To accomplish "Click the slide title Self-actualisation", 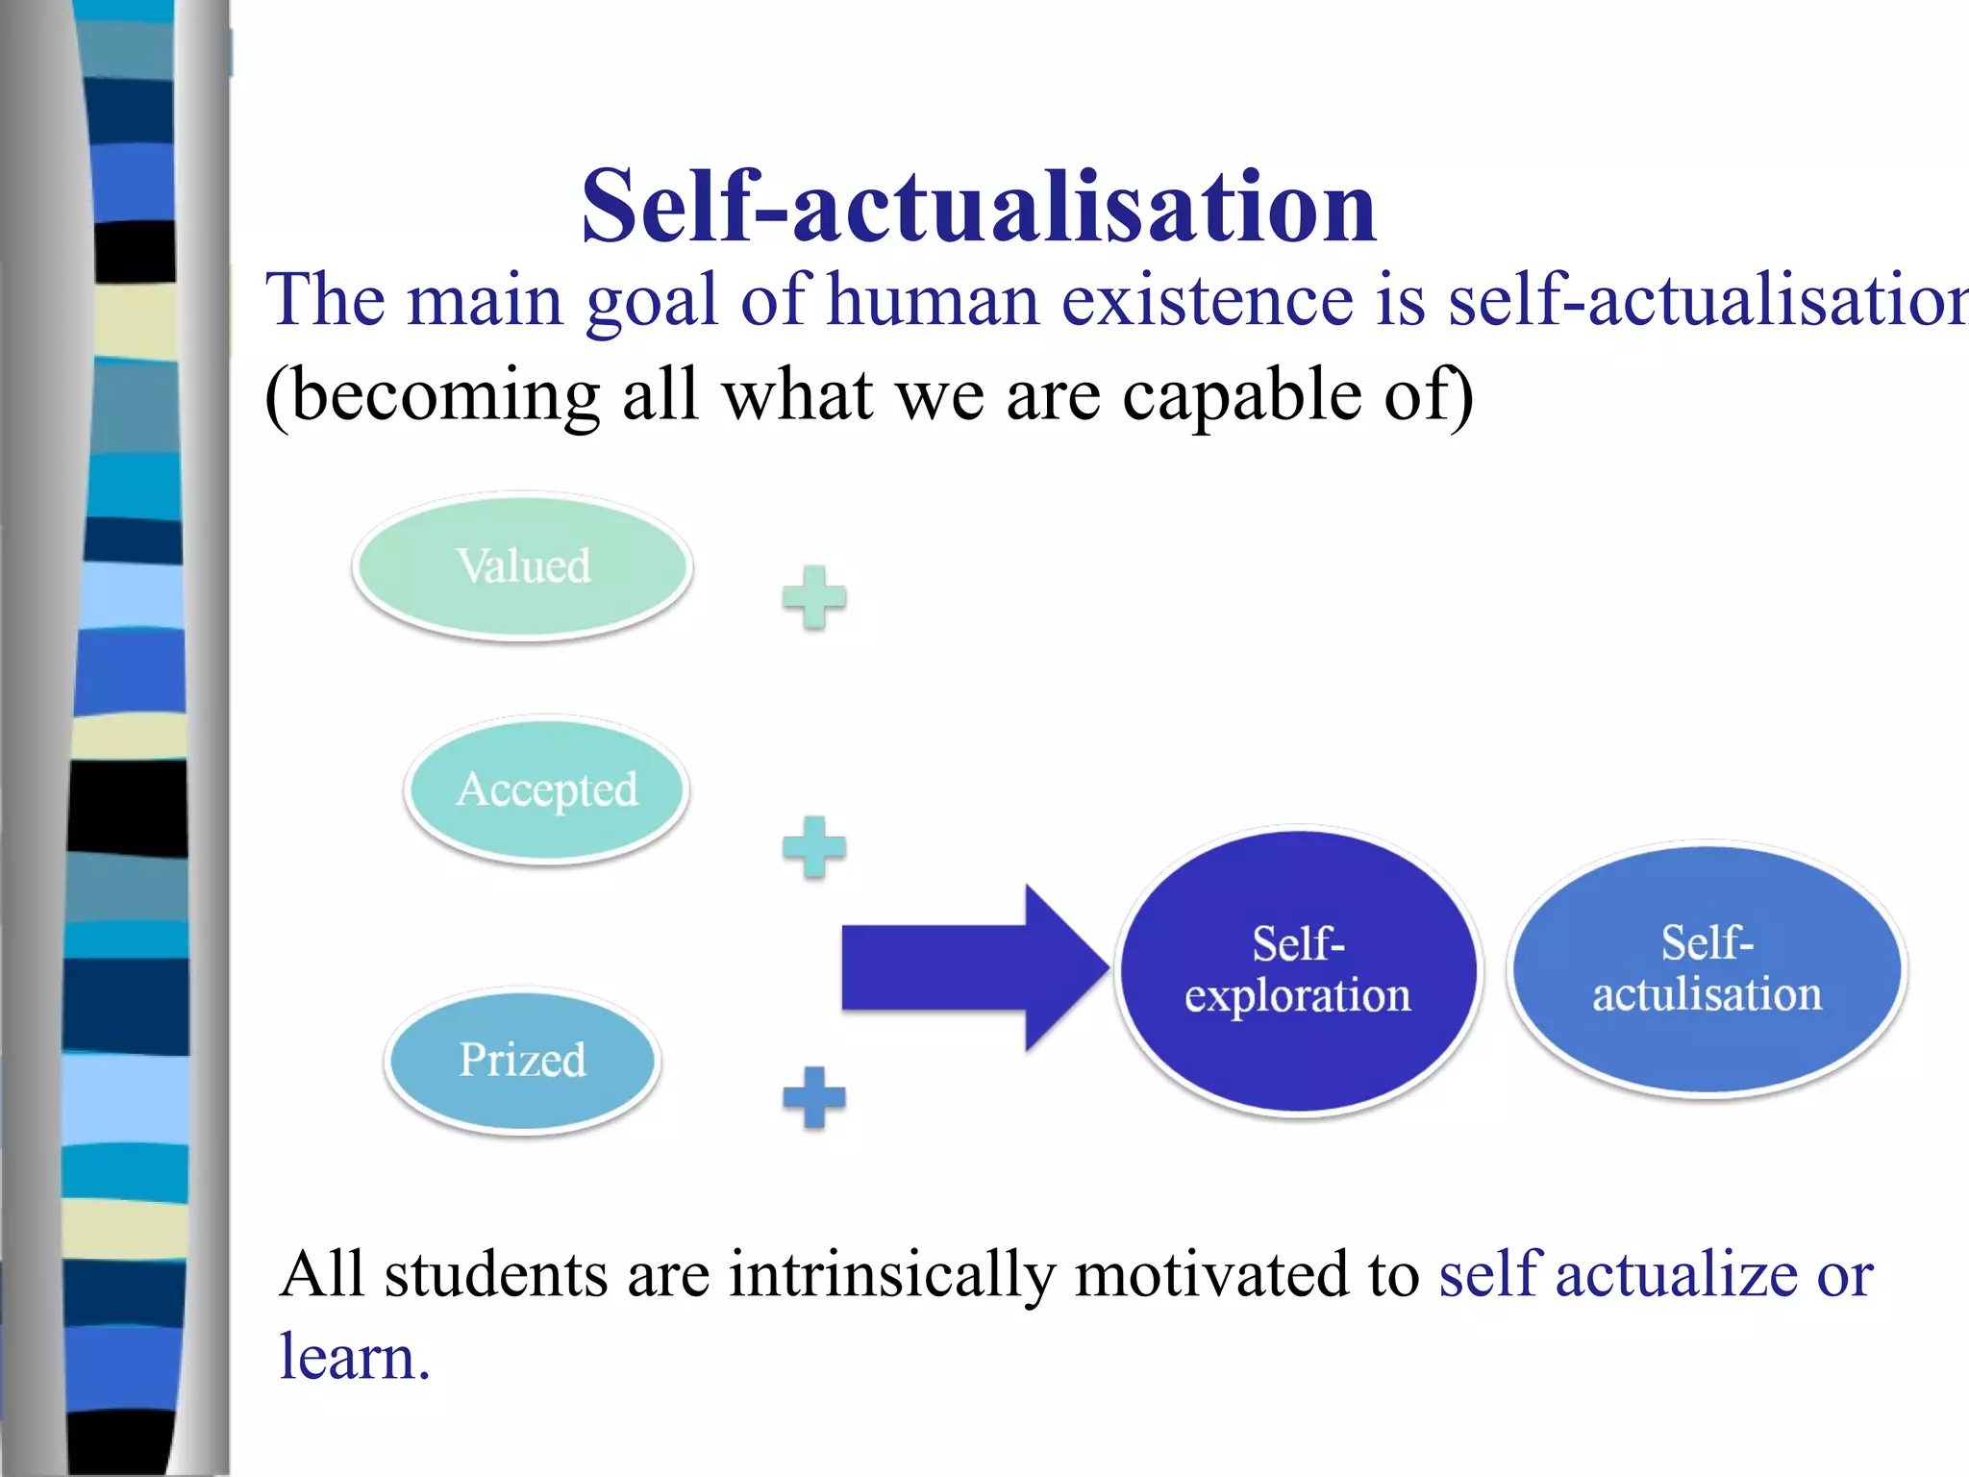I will click(x=979, y=207).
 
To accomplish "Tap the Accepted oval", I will click(x=546, y=789).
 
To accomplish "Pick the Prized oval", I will click(x=522, y=1061).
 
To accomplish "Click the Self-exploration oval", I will click(x=1298, y=970).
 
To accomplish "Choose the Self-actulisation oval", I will click(x=1707, y=969).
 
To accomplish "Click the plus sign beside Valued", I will click(x=814, y=597).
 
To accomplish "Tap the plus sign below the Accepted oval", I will click(x=814, y=847).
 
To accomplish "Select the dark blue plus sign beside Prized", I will click(x=814, y=1097).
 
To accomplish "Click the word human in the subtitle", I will click(x=934, y=301).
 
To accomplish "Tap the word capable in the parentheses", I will click(x=1241, y=396).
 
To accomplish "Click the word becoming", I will click(x=433, y=396).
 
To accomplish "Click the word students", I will click(x=496, y=1275).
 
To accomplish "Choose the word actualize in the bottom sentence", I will click(x=1677, y=1275).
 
